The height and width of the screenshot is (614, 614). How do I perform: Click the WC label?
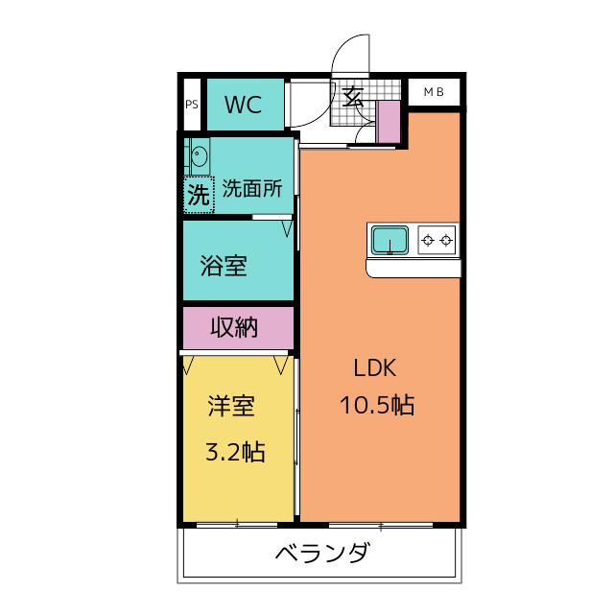coord(243,105)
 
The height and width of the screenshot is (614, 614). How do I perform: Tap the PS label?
coord(192,105)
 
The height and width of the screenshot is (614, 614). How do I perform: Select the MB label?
coord(434,92)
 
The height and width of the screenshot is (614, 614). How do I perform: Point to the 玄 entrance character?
coord(352,97)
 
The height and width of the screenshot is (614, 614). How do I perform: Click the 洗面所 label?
coord(252,189)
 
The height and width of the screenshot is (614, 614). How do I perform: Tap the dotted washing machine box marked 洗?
coord(199,195)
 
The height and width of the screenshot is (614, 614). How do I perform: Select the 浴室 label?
coord(224,266)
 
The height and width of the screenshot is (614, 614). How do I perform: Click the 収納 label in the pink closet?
coord(234,327)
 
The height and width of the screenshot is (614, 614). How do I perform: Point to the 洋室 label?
coord(231,406)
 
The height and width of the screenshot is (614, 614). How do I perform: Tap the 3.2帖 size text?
coord(235,452)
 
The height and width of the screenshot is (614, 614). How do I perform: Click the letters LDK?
coord(375,368)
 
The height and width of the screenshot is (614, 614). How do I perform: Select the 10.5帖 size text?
coord(377,405)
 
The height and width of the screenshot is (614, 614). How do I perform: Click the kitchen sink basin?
coord(390,240)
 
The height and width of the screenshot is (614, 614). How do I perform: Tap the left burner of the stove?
coord(428,240)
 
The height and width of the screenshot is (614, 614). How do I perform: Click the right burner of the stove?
coord(446,240)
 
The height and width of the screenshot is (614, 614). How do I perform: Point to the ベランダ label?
coord(321,553)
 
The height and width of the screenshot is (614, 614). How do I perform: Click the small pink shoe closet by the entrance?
coord(388,122)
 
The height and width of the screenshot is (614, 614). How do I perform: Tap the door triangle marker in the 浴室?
coord(288,228)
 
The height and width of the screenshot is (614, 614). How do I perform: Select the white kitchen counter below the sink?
coord(413,269)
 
